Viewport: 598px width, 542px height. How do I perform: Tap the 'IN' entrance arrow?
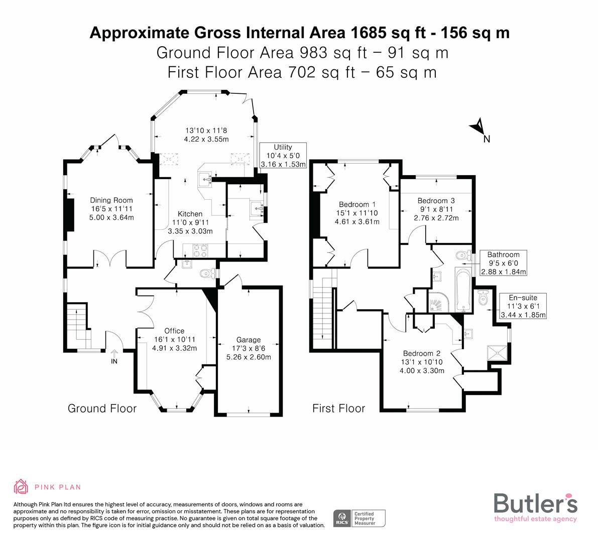(114, 356)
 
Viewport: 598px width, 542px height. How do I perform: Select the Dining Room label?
(111, 200)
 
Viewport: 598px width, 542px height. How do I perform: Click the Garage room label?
(249, 340)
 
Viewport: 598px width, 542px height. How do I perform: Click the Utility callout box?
(283, 155)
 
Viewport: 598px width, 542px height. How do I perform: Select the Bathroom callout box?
(503, 263)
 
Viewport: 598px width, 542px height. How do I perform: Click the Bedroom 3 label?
(436, 201)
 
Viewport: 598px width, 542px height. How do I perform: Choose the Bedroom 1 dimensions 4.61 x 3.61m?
(357, 222)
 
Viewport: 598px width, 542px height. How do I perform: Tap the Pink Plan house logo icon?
(21, 486)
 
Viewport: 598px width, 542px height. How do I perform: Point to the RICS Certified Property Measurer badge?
(360, 518)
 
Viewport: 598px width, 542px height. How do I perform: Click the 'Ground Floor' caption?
(102, 409)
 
